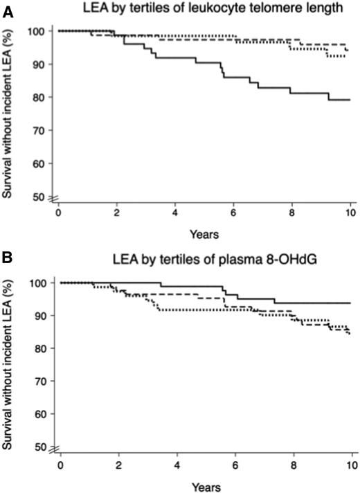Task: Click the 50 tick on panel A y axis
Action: [x=40, y=197]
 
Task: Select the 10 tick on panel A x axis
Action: [x=350, y=213]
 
